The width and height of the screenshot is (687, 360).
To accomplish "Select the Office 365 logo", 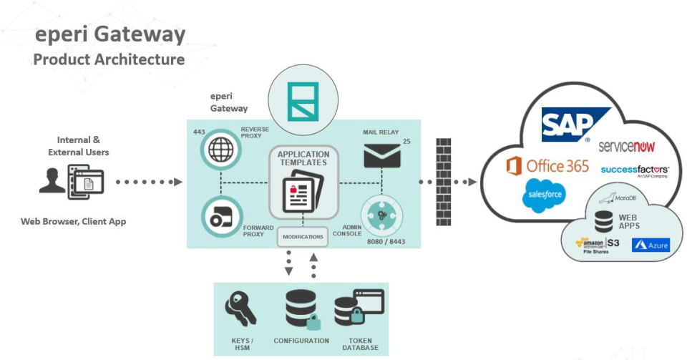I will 547,166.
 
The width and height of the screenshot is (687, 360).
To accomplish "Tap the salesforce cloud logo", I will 544,195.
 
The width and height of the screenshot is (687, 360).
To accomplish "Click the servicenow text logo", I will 628,146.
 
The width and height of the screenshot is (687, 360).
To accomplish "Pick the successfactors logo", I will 634,170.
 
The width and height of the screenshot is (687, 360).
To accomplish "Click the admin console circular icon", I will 381,213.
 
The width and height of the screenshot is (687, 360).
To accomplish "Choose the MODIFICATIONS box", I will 303,236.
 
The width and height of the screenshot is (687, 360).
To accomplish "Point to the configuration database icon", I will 300,310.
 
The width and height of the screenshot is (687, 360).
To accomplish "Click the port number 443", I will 200,132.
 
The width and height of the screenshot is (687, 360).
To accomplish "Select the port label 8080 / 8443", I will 386,241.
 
